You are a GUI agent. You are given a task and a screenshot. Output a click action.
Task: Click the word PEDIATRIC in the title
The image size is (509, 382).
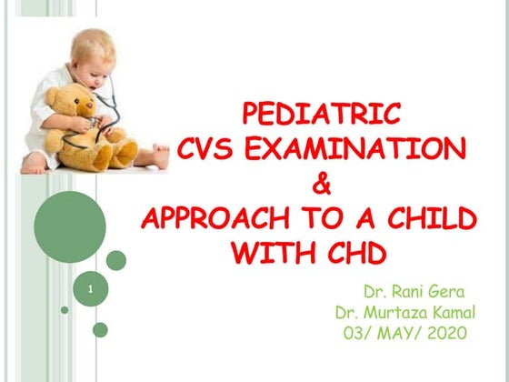pyautogui.click(x=321, y=115)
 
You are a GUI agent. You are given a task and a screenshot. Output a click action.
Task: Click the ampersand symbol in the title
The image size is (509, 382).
pyautogui.click(x=321, y=186)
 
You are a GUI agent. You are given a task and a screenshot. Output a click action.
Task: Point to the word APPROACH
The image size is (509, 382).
pyautogui.click(x=219, y=221)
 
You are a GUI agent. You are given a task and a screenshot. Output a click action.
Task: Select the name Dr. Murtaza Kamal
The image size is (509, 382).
pyautogui.click(x=401, y=313)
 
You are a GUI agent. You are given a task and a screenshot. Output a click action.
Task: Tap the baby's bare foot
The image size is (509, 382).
pyautogui.click(x=161, y=156)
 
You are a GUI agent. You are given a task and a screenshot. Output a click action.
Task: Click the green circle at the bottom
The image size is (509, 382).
pyautogui.click(x=100, y=329)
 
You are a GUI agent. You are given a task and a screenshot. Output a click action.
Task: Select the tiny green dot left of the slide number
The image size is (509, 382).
pyautogui.click(x=65, y=310)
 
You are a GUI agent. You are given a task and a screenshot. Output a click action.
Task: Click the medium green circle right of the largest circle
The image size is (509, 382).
pyautogui.click(x=116, y=260)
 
